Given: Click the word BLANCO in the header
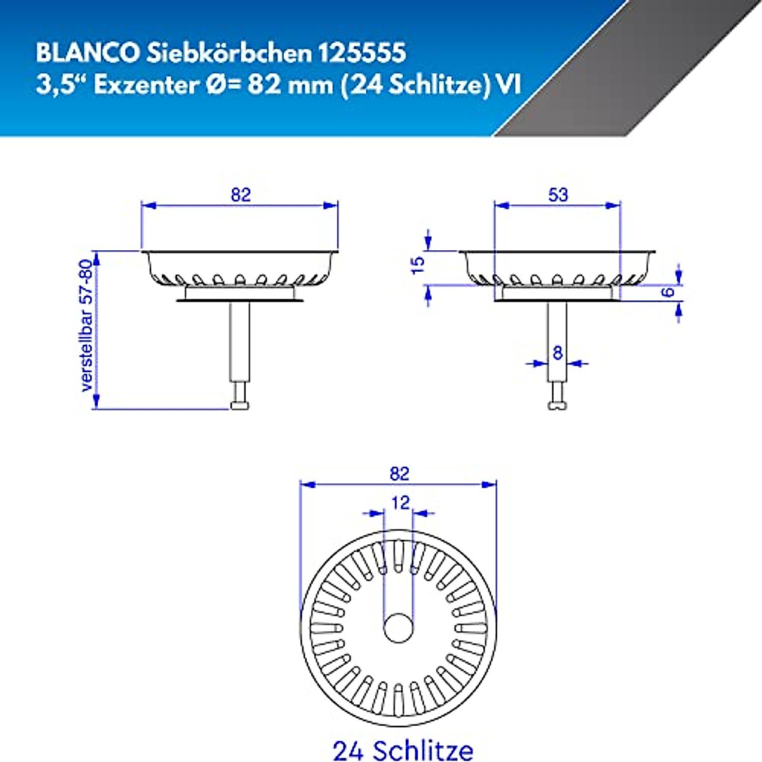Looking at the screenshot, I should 88,53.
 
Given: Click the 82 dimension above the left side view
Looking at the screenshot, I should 241,194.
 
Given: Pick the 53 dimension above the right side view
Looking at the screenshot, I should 558,194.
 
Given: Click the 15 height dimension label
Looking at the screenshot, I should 418,265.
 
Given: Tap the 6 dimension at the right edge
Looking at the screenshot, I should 666,292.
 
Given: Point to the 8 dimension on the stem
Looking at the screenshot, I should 558,353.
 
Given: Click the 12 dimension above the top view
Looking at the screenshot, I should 400,503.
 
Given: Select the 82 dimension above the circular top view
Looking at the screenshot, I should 399,474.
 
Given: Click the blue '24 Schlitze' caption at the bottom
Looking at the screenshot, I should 403,749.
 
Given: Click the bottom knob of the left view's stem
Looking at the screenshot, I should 239,404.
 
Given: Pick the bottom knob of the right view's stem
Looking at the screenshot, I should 557,404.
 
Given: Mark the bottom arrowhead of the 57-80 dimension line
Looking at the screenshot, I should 97,401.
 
